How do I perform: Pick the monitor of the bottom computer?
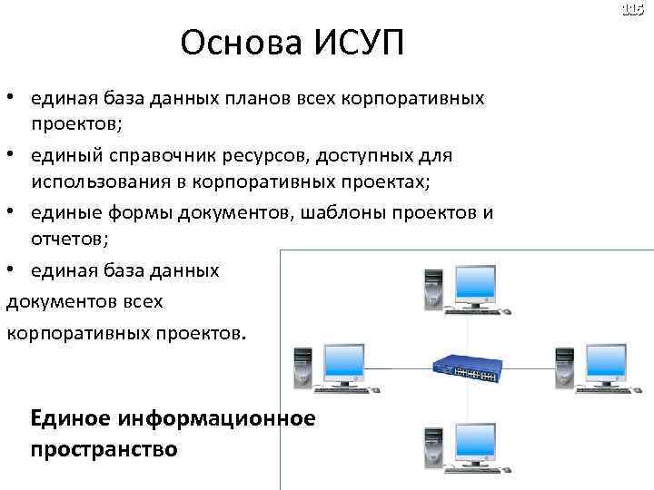tap(475, 446)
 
